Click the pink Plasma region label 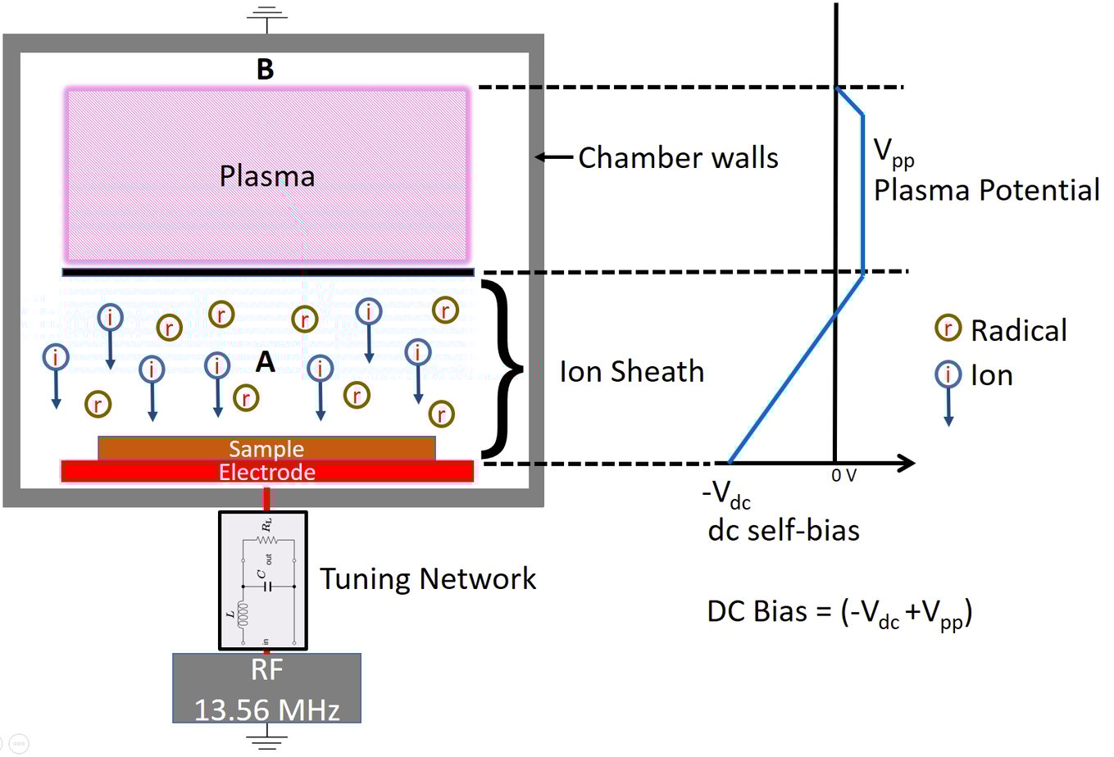tap(266, 176)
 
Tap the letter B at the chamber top tap(265, 70)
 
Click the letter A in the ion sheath tap(265, 361)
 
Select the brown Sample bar tap(266, 448)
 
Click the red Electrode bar tap(266, 472)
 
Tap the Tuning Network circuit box tap(263, 580)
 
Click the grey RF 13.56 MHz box tap(266, 688)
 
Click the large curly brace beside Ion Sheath tap(502, 369)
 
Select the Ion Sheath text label tap(631, 372)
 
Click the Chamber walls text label tap(678, 157)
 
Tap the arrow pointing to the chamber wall tap(554, 157)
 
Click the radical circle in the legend tap(948, 329)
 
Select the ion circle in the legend tap(948, 374)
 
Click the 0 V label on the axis tap(843, 476)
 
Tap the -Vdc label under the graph tap(726, 494)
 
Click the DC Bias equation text tap(839, 613)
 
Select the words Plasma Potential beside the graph tap(986, 190)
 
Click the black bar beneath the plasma tap(268, 272)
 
